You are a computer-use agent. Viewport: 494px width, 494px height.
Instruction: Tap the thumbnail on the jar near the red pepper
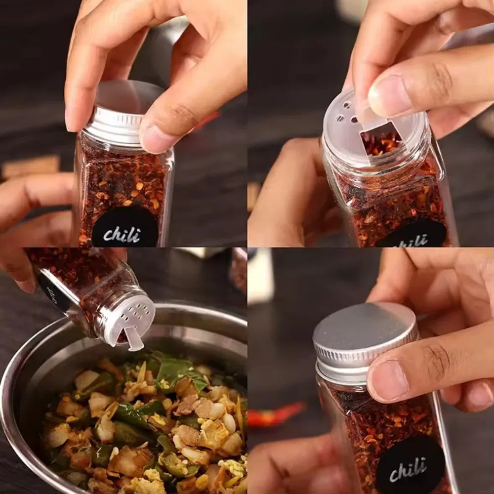click(x=390, y=380)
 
